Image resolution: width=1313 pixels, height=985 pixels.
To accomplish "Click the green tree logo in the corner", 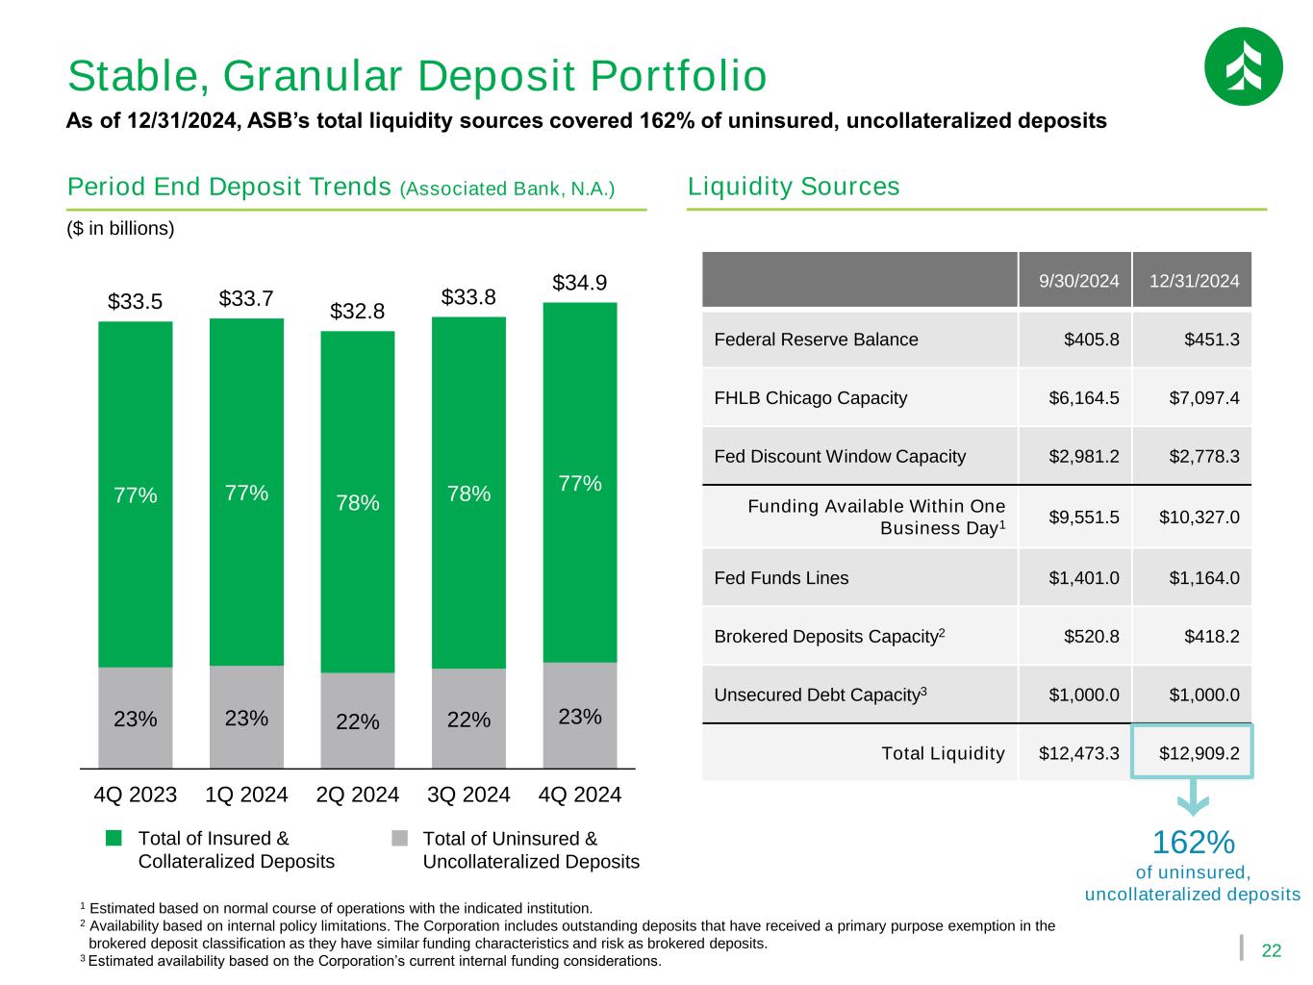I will pos(1243,66).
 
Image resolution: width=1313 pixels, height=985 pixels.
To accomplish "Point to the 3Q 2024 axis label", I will pos(468,795).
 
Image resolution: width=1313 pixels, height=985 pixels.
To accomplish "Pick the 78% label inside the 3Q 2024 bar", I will pos(468,493).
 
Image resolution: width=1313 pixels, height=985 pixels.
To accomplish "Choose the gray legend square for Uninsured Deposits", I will pos(399,838).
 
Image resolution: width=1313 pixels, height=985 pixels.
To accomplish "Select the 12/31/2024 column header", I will pos(1193,281).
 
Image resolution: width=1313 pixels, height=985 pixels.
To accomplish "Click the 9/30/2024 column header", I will pos(1078,281).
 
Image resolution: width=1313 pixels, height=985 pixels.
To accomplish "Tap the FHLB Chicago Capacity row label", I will pos(810,397).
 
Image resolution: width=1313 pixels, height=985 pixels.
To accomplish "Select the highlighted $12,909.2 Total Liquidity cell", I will pos(1193,752).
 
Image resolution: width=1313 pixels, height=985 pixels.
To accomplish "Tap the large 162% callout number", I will pos(1193,843).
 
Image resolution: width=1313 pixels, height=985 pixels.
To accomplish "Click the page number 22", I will pos(1272,950).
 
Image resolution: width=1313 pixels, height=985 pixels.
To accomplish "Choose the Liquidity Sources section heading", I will pos(794,186).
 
